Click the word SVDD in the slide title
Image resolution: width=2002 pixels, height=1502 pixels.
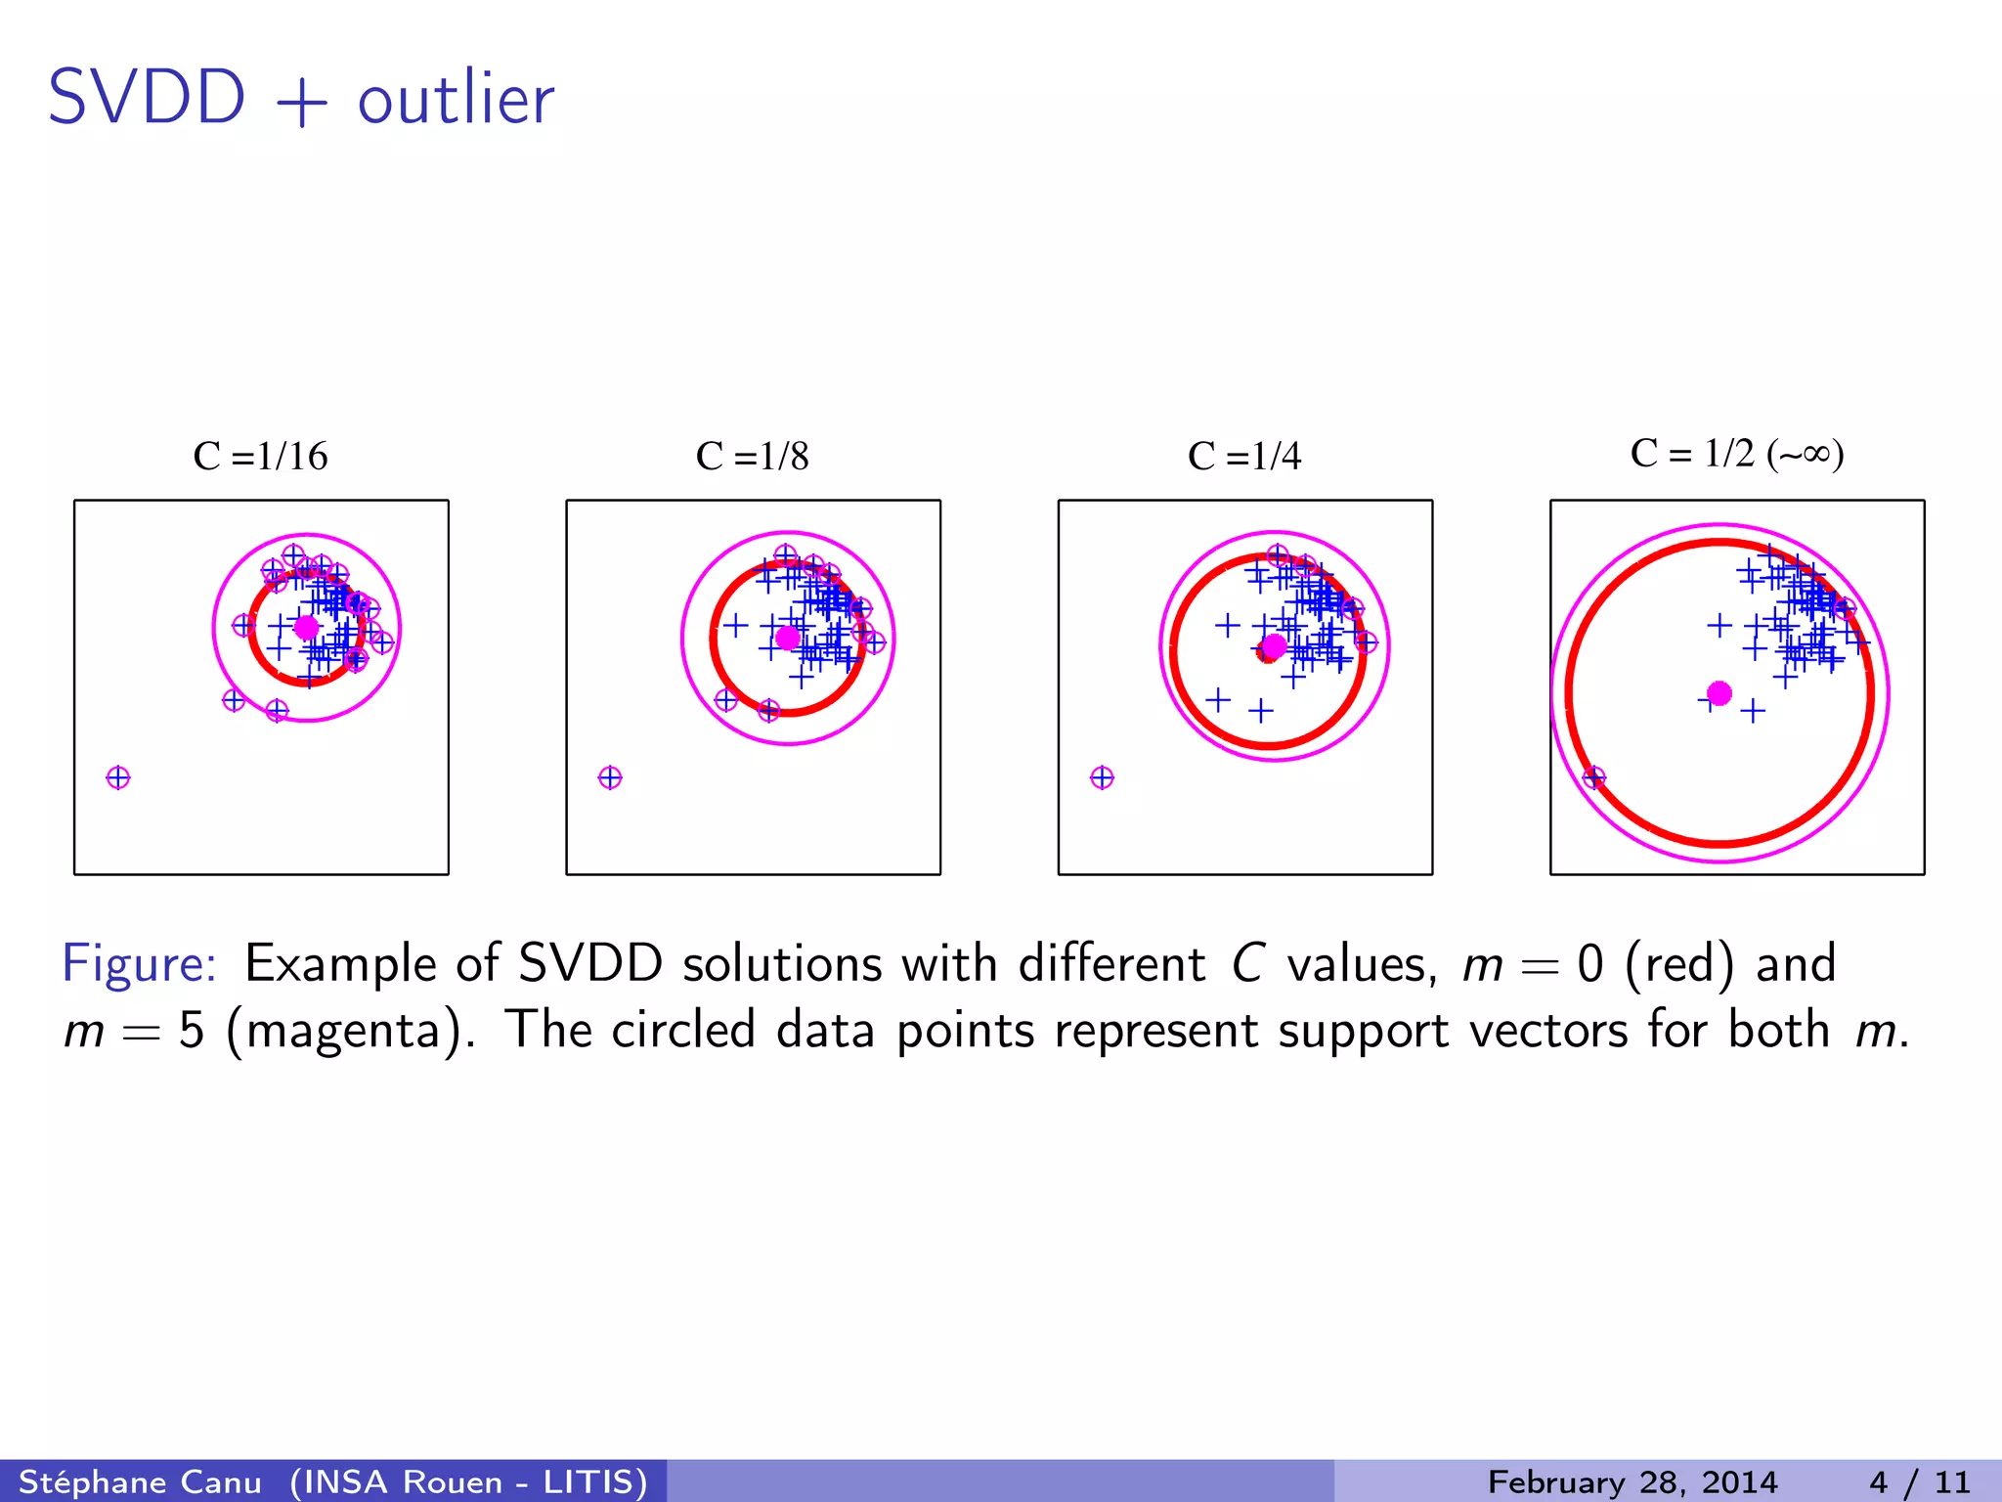click(x=147, y=98)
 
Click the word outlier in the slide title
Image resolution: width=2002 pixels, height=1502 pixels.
click(x=456, y=100)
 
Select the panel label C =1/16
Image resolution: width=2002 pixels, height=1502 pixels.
click(x=260, y=457)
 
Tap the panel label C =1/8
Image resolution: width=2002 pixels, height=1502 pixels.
click(x=752, y=457)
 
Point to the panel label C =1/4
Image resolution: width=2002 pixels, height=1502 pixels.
click(x=1244, y=457)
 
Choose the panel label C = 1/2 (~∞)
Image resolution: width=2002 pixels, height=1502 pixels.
click(x=1737, y=454)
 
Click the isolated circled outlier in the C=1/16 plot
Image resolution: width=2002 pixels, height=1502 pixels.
click(x=118, y=778)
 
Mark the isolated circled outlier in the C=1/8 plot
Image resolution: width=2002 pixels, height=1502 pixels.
click(x=610, y=778)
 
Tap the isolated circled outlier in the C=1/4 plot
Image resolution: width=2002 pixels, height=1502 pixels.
click(x=1102, y=778)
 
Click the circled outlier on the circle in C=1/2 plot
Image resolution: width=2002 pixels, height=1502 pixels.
click(x=1593, y=778)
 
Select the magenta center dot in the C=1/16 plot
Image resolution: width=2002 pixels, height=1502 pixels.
click(x=307, y=628)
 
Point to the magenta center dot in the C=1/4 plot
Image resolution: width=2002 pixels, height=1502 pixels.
click(x=1274, y=646)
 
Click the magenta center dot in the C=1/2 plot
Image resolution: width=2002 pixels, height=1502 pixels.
click(x=1719, y=693)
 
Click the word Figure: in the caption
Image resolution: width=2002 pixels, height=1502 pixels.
click(x=140, y=963)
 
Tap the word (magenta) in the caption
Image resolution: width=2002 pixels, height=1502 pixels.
click(x=351, y=1031)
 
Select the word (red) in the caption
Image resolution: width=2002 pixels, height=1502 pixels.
click(x=1679, y=963)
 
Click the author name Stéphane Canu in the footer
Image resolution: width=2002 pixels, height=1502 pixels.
click(x=140, y=1481)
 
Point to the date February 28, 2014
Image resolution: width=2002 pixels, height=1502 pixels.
click(x=1632, y=1481)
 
